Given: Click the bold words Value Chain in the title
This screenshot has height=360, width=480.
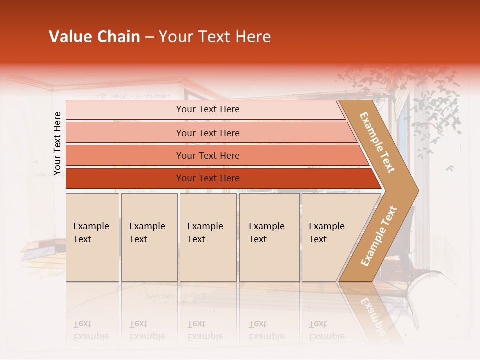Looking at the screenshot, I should pyautogui.click(x=94, y=37).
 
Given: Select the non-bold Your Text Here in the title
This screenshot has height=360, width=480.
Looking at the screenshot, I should pyautogui.click(x=215, y=37).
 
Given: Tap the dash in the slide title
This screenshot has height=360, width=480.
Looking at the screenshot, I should pyautogui.click(x=149, y=37).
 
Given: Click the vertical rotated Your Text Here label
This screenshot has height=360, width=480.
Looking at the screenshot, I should pyautogui.click(x=57, y=143).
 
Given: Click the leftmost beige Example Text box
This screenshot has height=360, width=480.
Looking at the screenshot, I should pyautogui.click(x=92, y=237).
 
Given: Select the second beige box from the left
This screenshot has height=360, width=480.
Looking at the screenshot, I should pyautogui.click(x=149, y=237).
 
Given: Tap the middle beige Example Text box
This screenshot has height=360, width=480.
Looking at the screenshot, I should pyautogui.click(x=208, y=237).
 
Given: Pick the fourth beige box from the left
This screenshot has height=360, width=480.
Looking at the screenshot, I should pyautogui.click(x=269, y=237).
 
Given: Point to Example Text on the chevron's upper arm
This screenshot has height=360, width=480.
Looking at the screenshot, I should pyautogui.click(x=377, y=142).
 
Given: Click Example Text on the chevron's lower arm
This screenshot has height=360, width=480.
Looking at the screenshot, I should pyautogui.click(x=379, y=236).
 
